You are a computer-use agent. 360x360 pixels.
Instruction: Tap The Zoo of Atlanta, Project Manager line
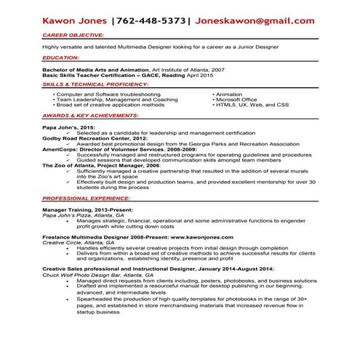[x=101, y=165]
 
